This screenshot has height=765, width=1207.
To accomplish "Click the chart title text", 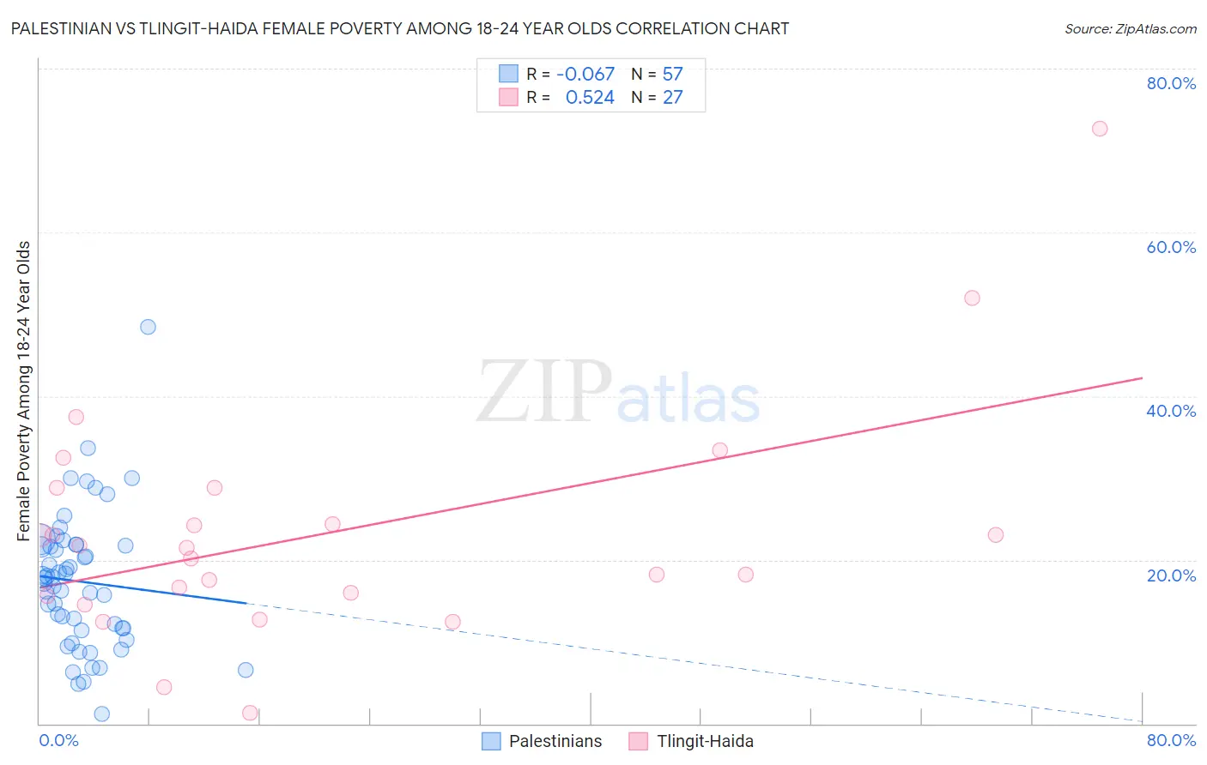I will click(400, 28).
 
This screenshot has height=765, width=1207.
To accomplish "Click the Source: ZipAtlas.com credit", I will click(1130, 28).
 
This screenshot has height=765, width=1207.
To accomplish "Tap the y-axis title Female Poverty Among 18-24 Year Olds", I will click(24, 391).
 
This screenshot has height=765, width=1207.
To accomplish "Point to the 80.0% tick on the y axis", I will click(1171, 83).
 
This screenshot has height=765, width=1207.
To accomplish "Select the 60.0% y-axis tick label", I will click(1171, 247).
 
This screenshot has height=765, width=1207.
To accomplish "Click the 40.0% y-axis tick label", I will click(1171, 411).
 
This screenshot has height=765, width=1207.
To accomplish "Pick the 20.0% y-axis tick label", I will click(1171, 575).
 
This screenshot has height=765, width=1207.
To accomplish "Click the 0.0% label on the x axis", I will click(58, 740).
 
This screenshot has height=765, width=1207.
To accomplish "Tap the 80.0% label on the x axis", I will click(1171, 740).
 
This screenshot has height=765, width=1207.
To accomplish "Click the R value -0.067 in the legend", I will click(585, 75).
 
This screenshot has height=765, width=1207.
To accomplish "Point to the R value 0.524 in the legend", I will click(590, 98).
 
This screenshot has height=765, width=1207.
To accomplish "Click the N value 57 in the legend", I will click(672, 75).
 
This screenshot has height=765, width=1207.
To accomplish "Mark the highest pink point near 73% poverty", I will click(1100, 129).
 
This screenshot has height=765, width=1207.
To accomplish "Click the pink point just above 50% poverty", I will click(972, 298).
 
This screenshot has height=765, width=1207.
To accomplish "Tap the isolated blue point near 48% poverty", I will click(148, 327).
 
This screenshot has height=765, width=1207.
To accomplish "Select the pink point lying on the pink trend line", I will click(719, 450).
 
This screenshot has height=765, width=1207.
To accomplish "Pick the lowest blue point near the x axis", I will click(101, 714).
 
